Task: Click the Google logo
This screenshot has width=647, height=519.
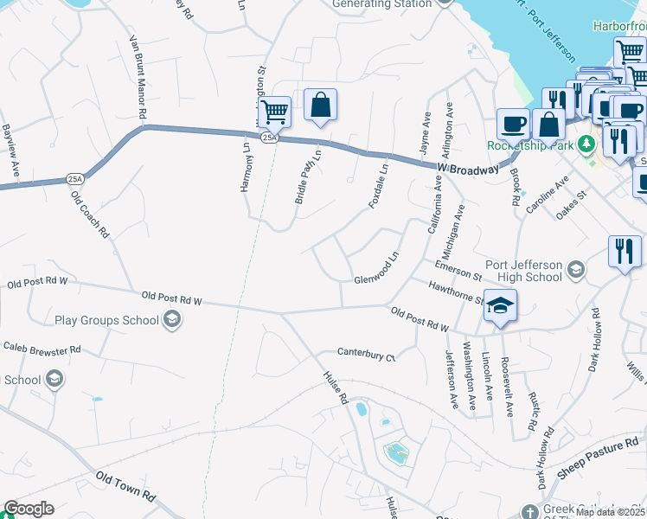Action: [29, 509]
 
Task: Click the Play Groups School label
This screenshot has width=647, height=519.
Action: [106, 321]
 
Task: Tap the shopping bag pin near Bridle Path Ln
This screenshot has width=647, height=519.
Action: [320, 106]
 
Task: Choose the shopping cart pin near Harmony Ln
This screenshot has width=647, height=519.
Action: [274, 112]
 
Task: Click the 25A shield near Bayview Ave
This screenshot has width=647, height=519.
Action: [75, 180]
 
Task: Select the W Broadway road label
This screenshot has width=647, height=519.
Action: [468, 169]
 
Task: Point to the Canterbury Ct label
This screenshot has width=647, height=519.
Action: [365, 355]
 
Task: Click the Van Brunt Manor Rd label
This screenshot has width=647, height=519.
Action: [137, 78]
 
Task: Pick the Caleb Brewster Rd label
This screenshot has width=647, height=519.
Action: [42, 349]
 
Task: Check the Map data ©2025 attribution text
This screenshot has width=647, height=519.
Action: [610, 512]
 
